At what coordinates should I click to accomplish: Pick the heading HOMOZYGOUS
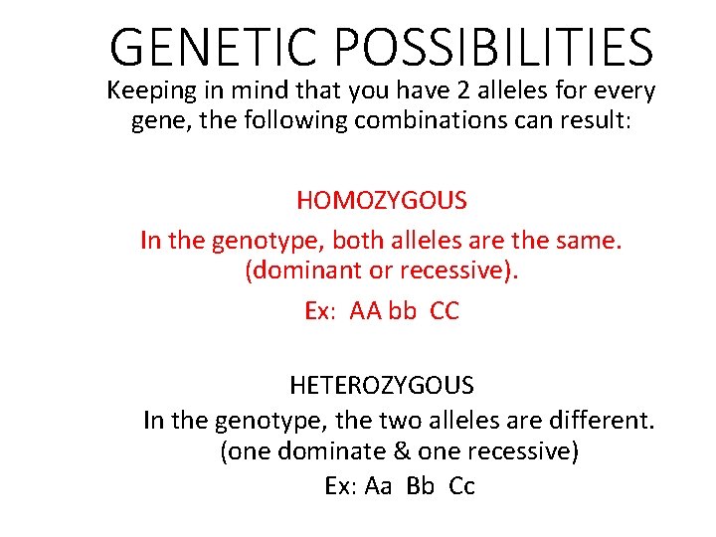tap(382, 201)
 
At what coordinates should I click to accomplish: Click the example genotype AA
tap(365, 311)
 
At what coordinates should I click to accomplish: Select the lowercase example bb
tap(403, 311)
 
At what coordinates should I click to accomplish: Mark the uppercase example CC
tap(445, 311)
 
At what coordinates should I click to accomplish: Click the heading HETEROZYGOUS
tap(382, 384)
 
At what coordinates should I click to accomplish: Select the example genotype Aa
tap(379, 486)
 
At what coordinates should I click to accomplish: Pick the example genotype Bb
tap(421, 486)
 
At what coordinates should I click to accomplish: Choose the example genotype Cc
tap(462, 486)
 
